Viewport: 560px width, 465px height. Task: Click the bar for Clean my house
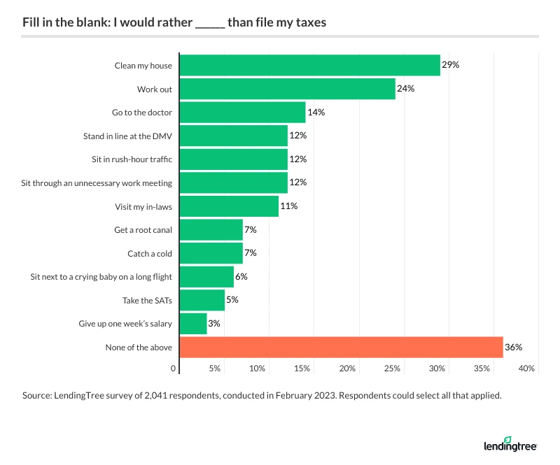[x=310, y=66]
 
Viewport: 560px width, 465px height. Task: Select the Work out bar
[x=288, y=89]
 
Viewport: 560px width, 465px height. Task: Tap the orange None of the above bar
[x=342, y=347]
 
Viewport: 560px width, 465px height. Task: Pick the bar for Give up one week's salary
[x=193, y=324]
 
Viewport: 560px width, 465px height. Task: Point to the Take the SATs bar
[x=202, y=301]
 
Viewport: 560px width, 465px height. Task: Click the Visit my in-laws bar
[x=229, y=206]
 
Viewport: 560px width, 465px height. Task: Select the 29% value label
[x=450, y=66]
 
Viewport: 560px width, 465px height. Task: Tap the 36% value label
[x=514, y=347]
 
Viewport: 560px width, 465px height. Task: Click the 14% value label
[x=316, y=113]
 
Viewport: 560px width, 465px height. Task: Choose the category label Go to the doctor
[x=141, y=113]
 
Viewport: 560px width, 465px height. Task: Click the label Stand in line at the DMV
[x=127, y=136]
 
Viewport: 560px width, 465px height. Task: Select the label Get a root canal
[x=143, y=229]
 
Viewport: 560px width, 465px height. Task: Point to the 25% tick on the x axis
[x=392, y=369]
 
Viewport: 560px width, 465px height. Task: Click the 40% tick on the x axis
[x=526, y=369]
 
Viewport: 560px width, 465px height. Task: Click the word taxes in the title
[x=309, y=23]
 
